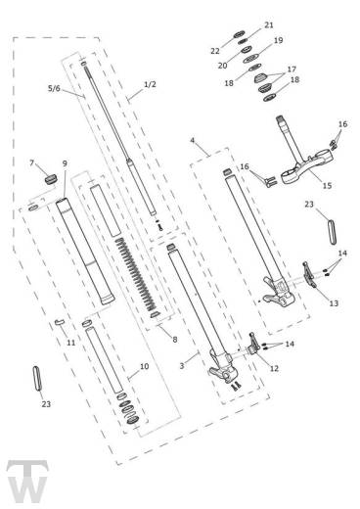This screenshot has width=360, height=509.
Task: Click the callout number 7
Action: point(32,162)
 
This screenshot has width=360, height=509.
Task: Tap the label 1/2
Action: point(149,84)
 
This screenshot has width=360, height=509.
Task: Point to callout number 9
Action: point(65,163)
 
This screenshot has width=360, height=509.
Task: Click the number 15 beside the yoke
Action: point(326,185)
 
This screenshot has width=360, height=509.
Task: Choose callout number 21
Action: point(269,24)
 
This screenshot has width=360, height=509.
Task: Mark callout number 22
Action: point(214,50)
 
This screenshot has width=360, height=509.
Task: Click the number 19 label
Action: point(278,40)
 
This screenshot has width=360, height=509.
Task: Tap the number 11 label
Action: point(70,343)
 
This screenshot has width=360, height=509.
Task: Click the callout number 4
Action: point(193,143)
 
